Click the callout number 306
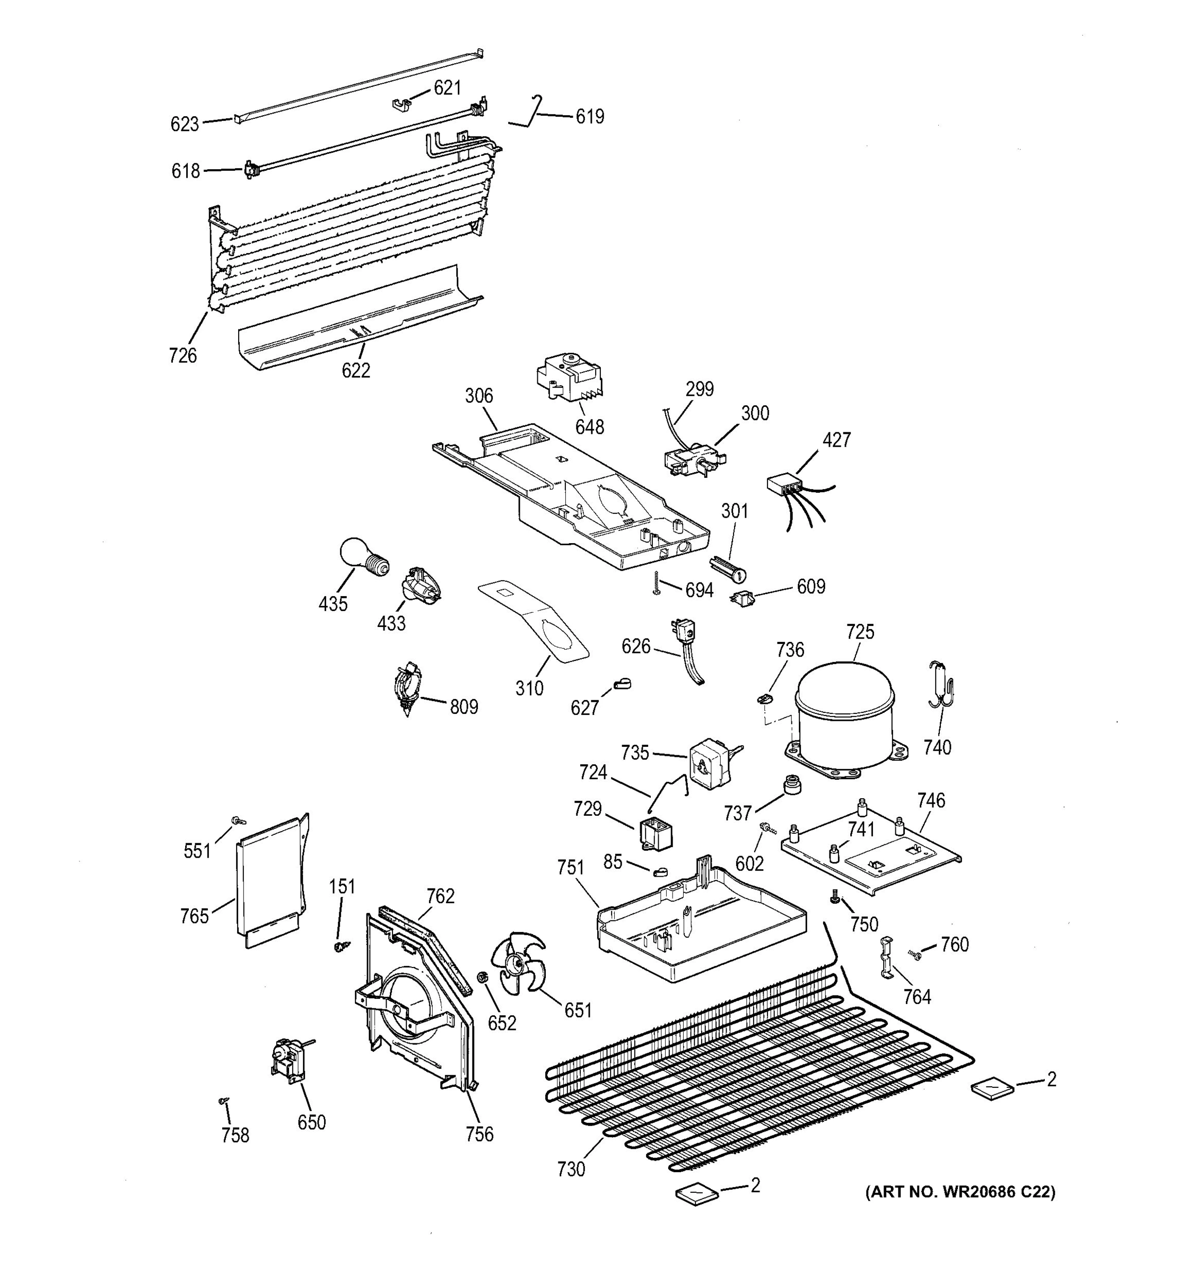tap(479, 396)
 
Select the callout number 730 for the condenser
tap(571, 1169)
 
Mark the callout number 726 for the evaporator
tap(182, 355)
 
